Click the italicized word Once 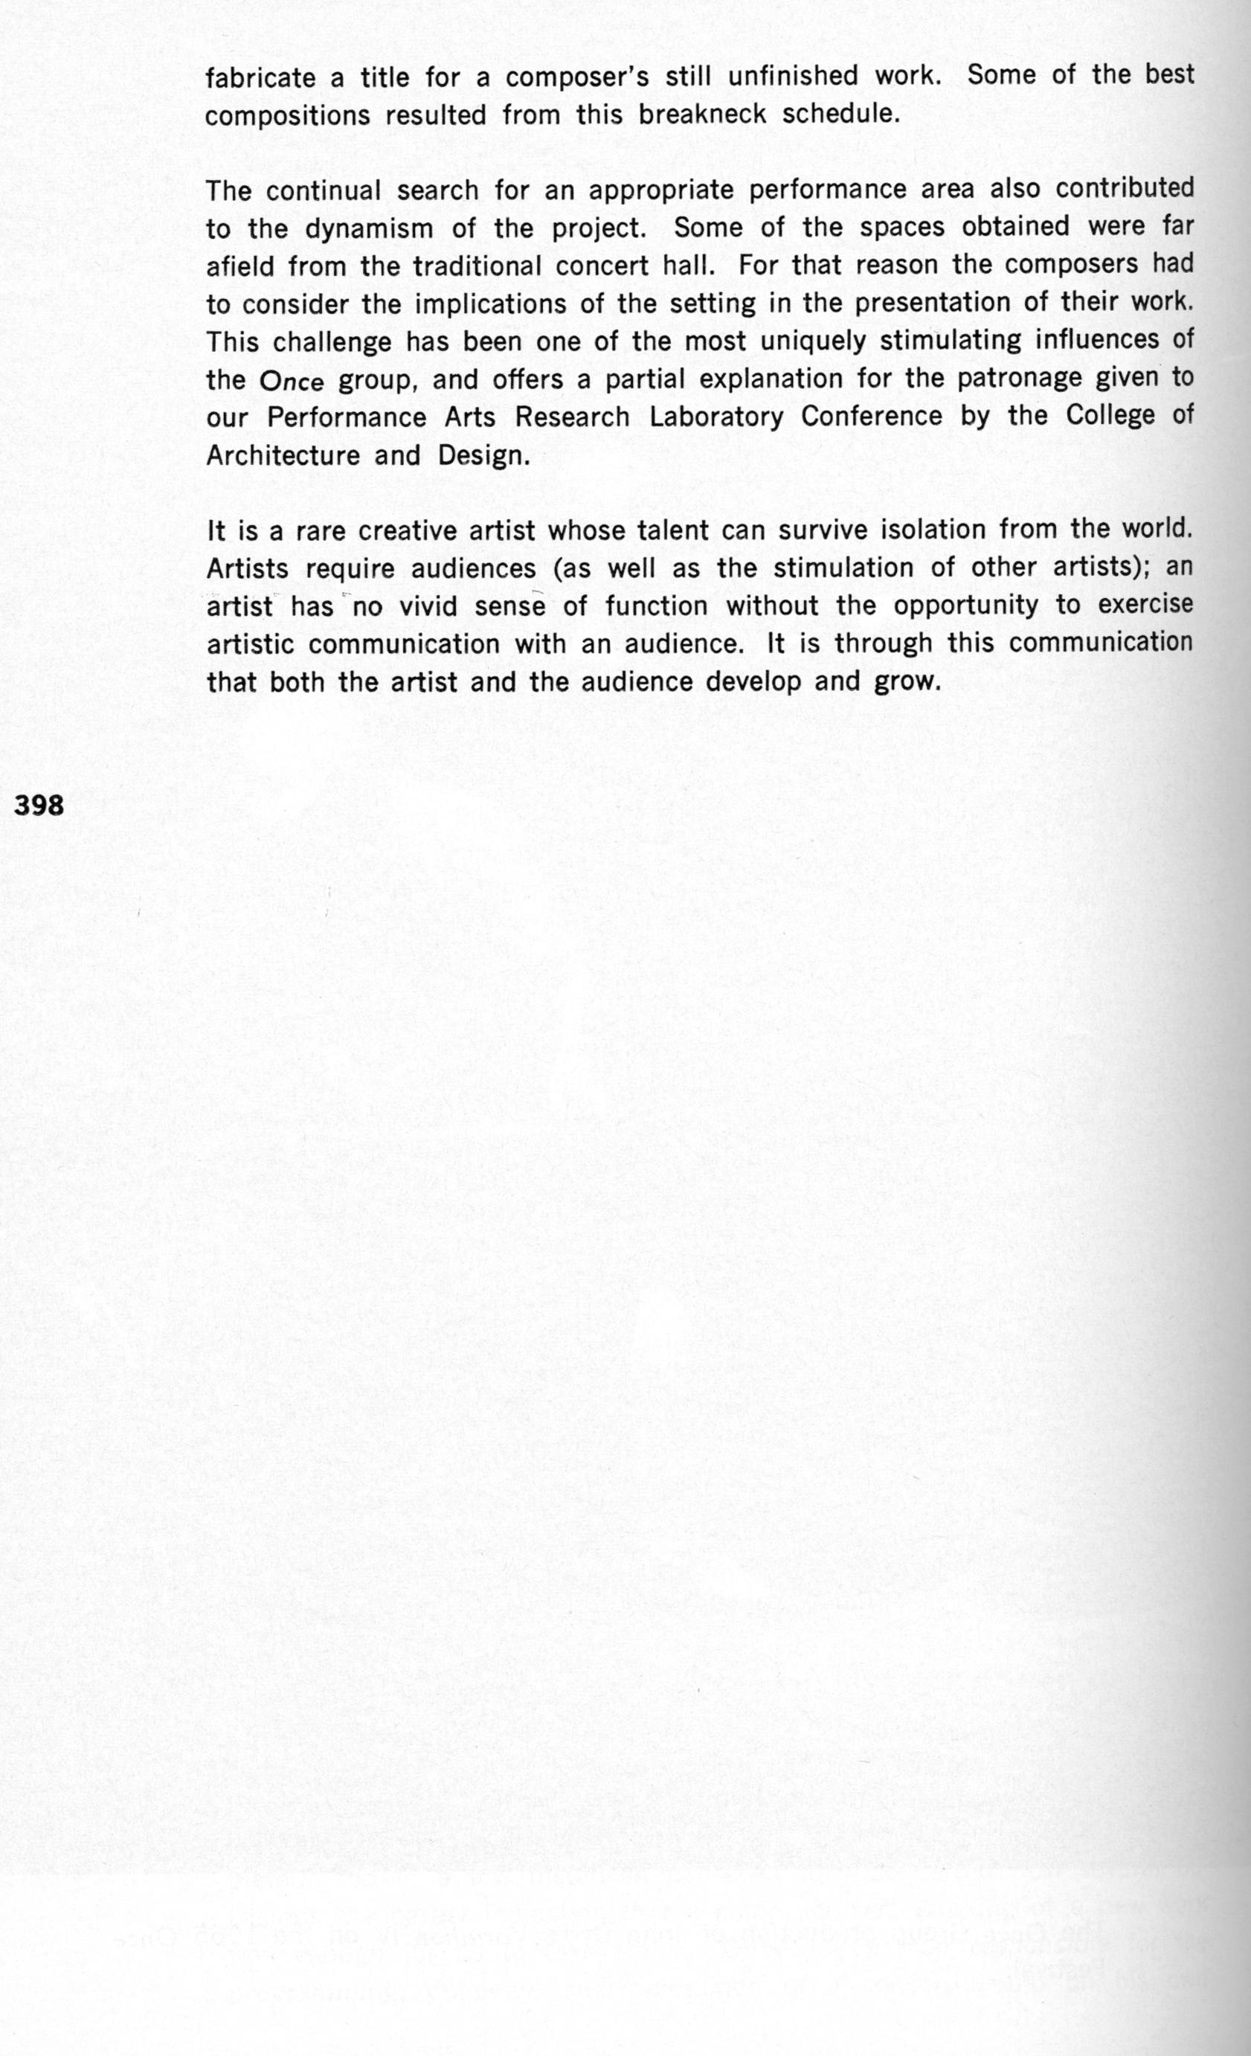pyautogui.click(x=292, y=382)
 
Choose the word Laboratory pyautogui.click(x=716, y=417)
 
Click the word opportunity pyautogui.click(x=965, y=605)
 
